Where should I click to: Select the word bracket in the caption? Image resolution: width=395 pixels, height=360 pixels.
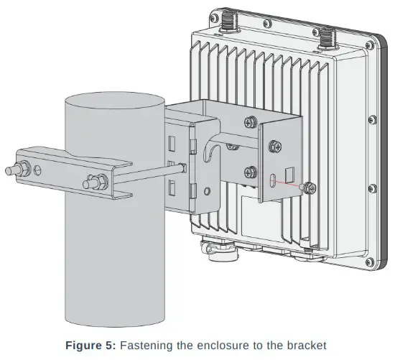pyautogui.click(x=307, y=346)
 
